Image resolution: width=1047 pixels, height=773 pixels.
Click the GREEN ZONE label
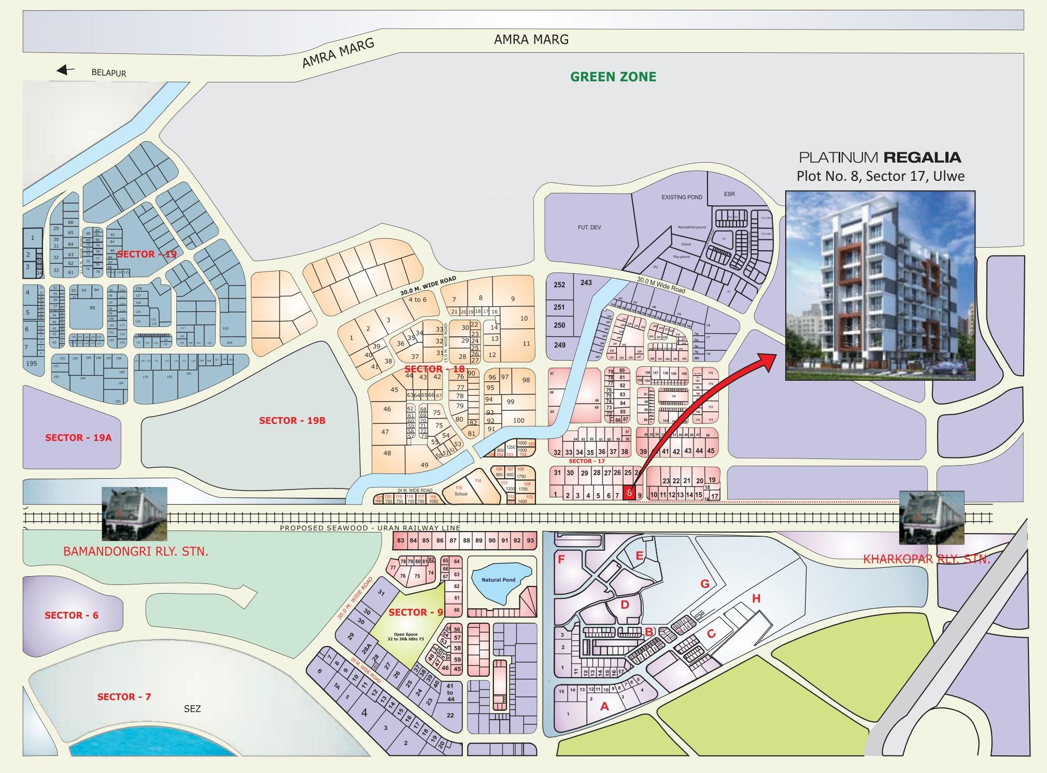click(613, 77)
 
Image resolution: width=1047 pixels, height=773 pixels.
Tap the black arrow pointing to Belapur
click(66, 70)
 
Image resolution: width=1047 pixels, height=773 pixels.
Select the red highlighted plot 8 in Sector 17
click(628, 492)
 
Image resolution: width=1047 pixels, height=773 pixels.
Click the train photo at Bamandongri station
click(135, 513)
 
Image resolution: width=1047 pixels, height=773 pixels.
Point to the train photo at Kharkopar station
click(931, 518)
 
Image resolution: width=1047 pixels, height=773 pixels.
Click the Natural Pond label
click(498, 580)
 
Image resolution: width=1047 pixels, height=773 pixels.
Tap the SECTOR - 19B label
click(292, 421)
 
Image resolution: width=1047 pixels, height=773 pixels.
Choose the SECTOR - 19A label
click(78, 438)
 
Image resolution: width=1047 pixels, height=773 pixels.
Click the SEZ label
click(192, 709)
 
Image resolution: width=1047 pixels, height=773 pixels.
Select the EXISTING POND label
click(682, 197)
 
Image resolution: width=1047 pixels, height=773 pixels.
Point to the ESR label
click(729, 194)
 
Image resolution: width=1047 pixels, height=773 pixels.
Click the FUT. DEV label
click(589, 227)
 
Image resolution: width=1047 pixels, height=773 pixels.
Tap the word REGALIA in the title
click(922, 157)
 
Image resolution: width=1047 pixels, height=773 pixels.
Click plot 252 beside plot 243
click(559, 285)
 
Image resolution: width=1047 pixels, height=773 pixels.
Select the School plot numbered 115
click(460, 491)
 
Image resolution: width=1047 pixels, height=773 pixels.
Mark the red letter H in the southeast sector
click(756, 599)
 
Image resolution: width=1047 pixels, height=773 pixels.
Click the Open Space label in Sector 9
click(406, 636)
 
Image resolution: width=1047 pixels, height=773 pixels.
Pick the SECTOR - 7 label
click(124, 697)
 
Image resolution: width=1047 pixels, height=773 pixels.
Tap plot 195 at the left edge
click(32, 364)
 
